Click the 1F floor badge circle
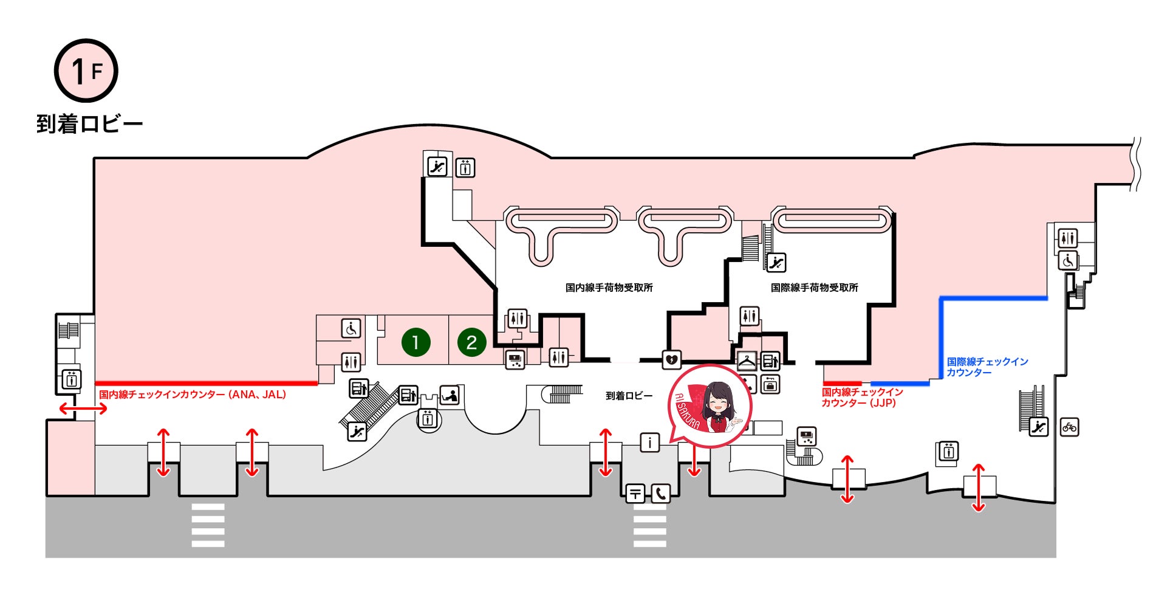coord(86,71)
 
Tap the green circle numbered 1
coord(416,342)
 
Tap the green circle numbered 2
coord(471,342)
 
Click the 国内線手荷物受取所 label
coord(609,288)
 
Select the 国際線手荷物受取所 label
coord(814,288)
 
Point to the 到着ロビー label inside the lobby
coord(629,396)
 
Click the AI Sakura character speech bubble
coord(709,406)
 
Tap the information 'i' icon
coord(649,442)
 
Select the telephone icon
coord(660,493)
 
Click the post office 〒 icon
coord(635,493)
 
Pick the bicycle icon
coord(1069,427)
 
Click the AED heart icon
coord(671,359)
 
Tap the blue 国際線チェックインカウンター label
coord(987,367)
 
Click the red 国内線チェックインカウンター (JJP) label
coord(861,397)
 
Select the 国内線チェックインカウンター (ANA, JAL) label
coord(193,395)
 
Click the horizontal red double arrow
coord(83,409)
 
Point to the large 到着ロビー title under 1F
coord(89,124)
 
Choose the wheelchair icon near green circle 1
coord(351,328)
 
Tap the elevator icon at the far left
coord(72,379)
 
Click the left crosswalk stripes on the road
coord(208,525)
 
